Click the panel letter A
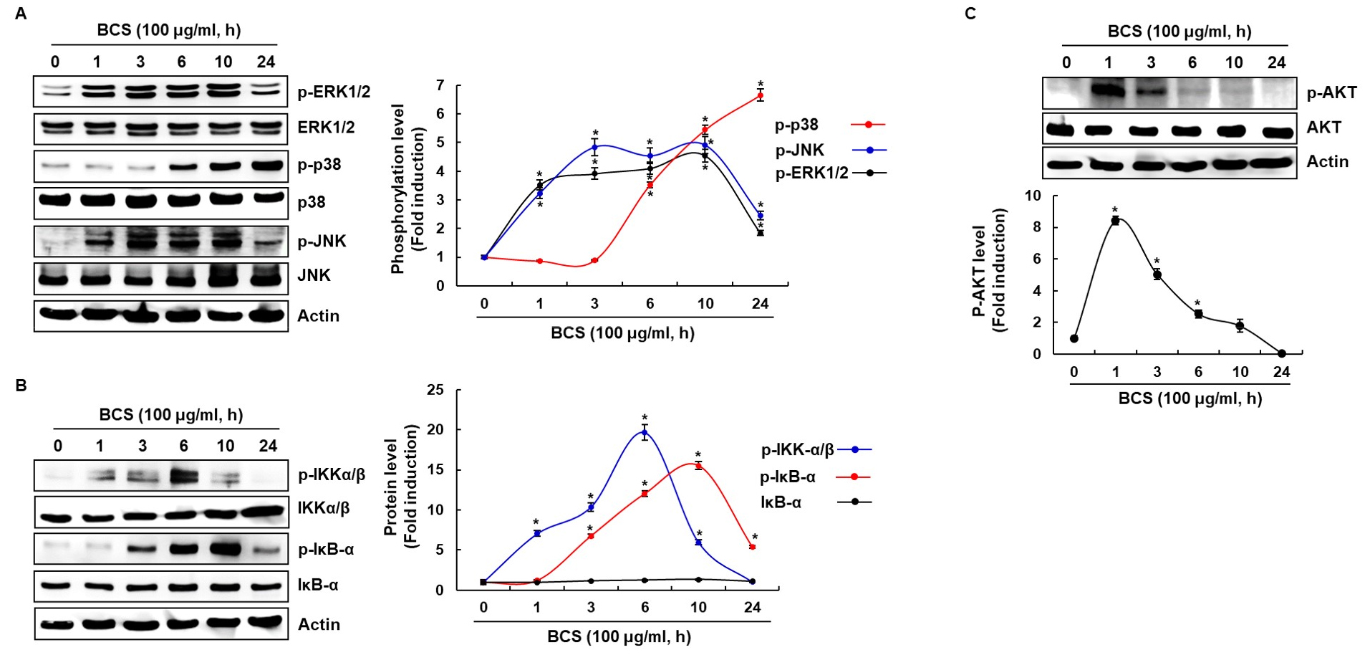[21, 14]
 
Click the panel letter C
[970, 14]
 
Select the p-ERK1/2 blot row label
[334, 92]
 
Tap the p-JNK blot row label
[322, 241]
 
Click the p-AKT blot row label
[1331, 92]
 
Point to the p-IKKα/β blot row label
[332, 474]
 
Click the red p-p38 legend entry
[829, 125]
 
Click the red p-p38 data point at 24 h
[760, 95]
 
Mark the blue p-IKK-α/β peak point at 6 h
[645, 432]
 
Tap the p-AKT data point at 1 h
[1115, 221]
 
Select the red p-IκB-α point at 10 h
[698, 466]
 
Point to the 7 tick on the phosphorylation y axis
[440, 86]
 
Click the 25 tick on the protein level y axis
[435, 390]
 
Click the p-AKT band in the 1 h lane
[1108, 91]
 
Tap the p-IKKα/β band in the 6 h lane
[183, 474]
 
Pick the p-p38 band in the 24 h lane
[266, 166]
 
